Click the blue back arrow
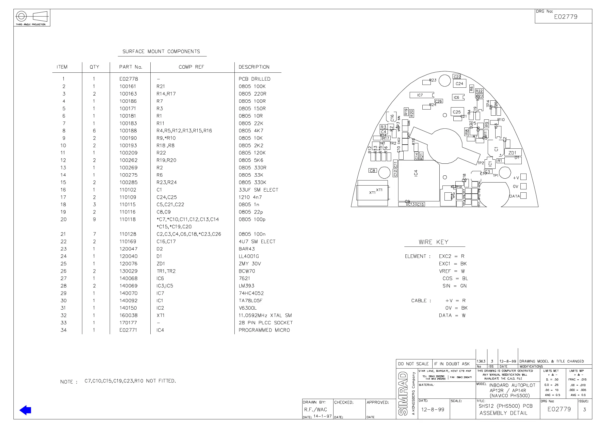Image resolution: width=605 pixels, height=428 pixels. click(x=25, y=410)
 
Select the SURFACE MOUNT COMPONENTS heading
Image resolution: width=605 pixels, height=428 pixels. click(x=161, y=51)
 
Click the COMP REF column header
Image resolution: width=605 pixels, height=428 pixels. click(x=191, y=67)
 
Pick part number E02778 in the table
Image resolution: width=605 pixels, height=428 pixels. click(x=129, y=79)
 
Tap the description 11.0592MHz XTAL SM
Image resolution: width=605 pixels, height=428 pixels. click(x=265, y=315)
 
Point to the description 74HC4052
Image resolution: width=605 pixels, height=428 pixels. click(x=251, y=293)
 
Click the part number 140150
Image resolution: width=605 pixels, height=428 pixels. click(x=128, y=308)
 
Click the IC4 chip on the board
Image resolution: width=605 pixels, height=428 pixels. click(x=418, y=181)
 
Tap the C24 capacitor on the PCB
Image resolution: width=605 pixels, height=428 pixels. click(x=459, y=84)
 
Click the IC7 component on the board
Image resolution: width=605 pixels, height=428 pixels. click(x=421, y=95)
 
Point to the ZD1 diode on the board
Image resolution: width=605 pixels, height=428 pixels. click(x=513, y=153)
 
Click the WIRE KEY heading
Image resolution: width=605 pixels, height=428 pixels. click(x=434, y=242)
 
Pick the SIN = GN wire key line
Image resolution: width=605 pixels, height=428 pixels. click(x=455, y=286)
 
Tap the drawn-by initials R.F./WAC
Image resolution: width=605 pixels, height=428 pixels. click(x=315, y=409)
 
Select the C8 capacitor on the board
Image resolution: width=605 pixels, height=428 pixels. click(x=372, y=171)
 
